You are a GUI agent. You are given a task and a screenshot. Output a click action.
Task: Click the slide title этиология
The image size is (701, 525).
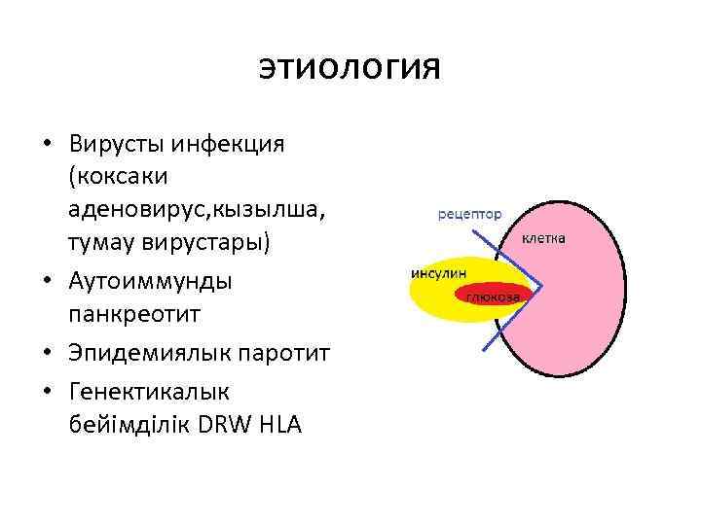pyautogui.click(x=350, y=68)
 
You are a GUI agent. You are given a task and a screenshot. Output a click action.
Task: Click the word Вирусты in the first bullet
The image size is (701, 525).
pyautogui.click(x=116, y=145)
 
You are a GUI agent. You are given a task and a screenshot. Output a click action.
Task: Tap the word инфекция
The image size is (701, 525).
pyautogui.click(x=227, y=145)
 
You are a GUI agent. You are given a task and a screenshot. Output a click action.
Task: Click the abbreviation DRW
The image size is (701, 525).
pyautogui.click(x=223, y=424)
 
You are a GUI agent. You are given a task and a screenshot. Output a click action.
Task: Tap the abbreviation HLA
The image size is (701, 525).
pyautogui.click(x=279, y=424)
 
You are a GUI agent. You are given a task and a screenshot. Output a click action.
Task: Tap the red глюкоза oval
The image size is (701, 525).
pyautogui.click(x=493, y=295)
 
